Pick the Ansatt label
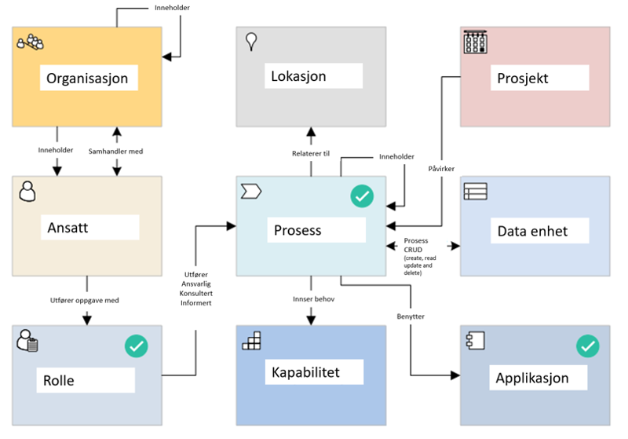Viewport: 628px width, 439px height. [68, 228]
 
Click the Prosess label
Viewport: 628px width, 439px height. [298, 231]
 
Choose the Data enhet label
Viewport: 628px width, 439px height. [532, 231]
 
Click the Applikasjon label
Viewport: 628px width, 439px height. [531, 378]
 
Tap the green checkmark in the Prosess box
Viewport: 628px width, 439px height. [362, 197]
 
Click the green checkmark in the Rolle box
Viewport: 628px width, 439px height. [137, 346]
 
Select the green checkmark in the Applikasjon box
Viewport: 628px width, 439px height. [587, 346]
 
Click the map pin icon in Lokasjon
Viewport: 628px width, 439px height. [252, 42]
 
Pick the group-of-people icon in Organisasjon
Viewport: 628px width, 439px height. [30, 42]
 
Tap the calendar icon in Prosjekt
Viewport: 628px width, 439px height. [475, 42]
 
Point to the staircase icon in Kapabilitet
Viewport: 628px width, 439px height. [251, 340]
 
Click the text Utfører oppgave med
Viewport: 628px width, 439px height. [86, 301]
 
